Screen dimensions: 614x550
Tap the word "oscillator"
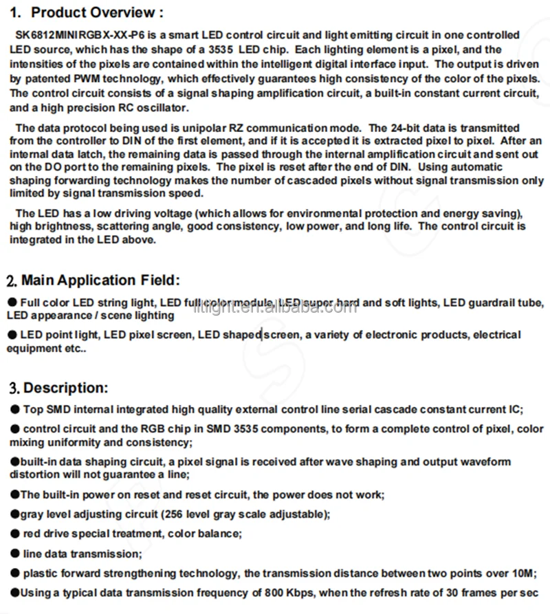point(164,108)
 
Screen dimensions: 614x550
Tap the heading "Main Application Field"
point(100,280)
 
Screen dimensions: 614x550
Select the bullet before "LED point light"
point(12,335)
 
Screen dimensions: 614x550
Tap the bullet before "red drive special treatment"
point(14,534)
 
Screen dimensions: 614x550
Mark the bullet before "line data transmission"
point(14,553)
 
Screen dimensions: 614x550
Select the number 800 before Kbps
point(265,593)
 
